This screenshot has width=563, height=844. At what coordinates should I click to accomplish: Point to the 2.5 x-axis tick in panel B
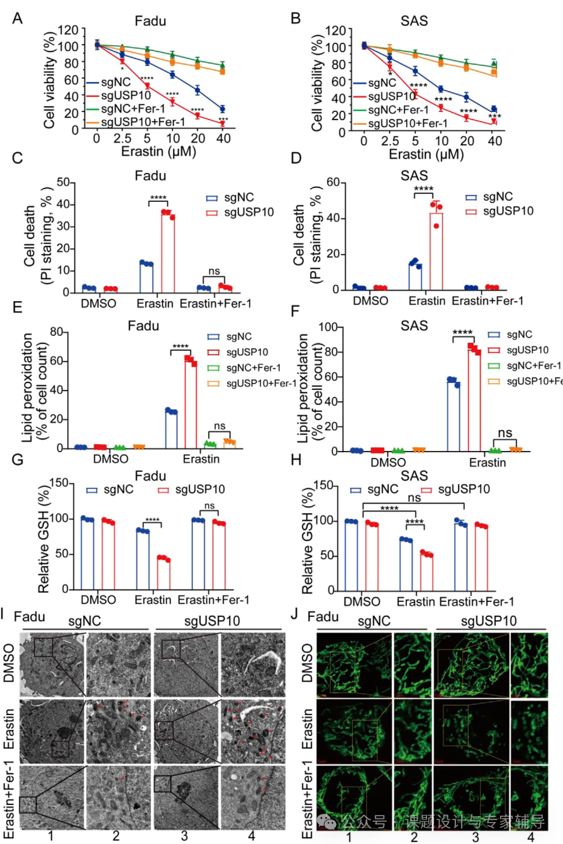click(390, 142)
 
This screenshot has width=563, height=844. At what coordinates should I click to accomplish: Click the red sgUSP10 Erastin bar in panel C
click(167, 252)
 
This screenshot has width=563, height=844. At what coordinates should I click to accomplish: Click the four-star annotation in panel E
click(181, 345)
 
